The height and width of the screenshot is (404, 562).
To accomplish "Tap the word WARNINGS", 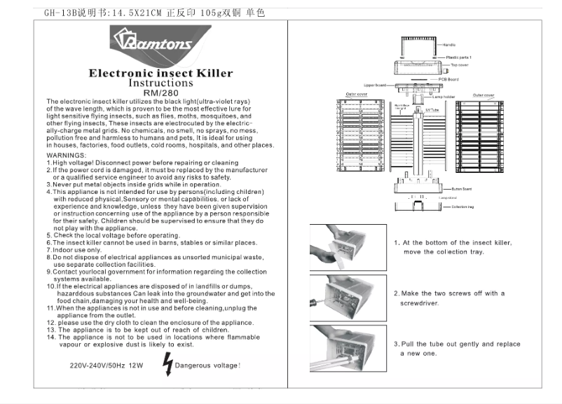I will (x=67, y=155).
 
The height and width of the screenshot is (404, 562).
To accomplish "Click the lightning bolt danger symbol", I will (x=167, y=364).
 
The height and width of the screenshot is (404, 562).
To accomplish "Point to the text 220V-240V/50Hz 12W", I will (x=106, y=365).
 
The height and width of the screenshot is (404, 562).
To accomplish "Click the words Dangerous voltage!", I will (x=207, y=365).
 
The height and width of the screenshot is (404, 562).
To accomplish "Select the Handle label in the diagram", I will (x=448, y=44).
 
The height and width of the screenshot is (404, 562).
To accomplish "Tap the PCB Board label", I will (x=448, y=79).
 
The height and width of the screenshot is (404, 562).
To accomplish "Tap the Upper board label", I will (x=375, y=85).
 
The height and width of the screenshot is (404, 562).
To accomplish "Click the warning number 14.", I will (x=51, y=337).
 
